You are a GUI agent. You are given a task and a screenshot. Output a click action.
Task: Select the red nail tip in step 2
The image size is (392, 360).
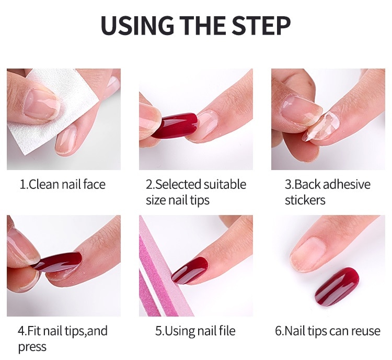[x=174, y=126]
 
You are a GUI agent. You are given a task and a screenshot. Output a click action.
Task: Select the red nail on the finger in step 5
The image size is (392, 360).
[x=190, y=271]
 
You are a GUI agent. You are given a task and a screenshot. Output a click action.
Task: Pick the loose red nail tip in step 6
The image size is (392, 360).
[x=337, y=287]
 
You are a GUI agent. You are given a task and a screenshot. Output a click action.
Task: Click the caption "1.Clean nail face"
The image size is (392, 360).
[x=63, y=185]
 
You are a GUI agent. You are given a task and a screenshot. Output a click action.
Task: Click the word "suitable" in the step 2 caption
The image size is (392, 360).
[x=225, y=185]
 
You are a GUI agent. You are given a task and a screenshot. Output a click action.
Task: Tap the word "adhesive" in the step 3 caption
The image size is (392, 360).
[x=347, y=185]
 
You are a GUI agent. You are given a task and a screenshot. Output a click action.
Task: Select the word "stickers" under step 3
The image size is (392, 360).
[x=305, y=200]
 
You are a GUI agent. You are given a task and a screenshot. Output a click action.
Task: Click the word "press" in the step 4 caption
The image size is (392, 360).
[x=32, y=347]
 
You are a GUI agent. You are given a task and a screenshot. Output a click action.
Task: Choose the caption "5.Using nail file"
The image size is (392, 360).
[x=195, y=331]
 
